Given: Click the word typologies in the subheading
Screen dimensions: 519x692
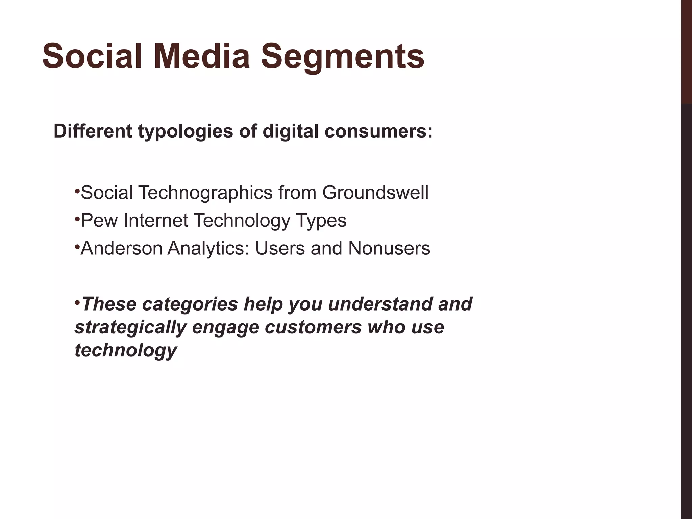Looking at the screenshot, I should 186,132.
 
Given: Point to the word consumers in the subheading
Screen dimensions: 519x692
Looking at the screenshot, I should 378,131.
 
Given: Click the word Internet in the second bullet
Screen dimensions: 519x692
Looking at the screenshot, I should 156,221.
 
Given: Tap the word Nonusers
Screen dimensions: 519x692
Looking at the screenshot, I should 389,248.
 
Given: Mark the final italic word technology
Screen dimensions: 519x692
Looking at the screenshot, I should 126,350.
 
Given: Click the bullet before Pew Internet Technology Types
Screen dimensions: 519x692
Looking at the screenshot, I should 77,219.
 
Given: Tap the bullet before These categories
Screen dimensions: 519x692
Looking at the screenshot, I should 77,302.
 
